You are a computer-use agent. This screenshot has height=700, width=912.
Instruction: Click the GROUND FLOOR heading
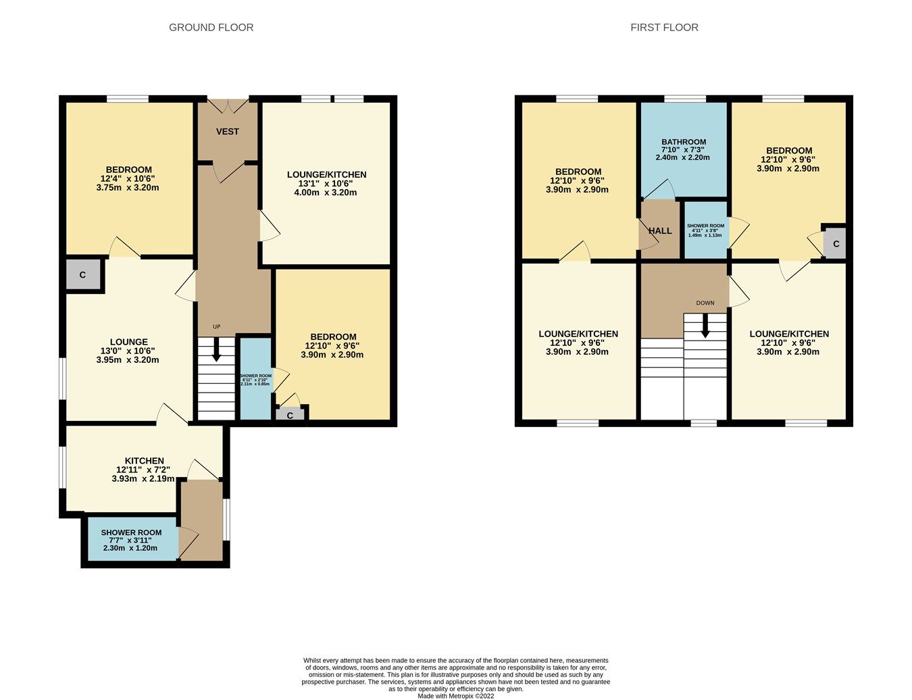coord(211,28)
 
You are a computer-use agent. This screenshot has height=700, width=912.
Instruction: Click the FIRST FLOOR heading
coord(664,28)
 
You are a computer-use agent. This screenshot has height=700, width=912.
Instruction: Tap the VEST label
coord(228,131)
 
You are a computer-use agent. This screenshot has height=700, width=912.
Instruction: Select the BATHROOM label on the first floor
coord(684,143)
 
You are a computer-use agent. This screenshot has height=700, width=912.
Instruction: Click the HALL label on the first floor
coord(660,230)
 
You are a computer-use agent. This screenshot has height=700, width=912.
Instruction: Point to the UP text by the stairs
coord(216,327)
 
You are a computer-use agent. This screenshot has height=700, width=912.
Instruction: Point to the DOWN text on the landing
coord(705,303)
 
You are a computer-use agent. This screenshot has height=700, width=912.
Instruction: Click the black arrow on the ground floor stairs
coord(217,350)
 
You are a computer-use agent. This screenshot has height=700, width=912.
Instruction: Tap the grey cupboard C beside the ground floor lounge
coord(83,275)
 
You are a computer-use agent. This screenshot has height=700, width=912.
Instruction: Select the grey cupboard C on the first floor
coord(836,244)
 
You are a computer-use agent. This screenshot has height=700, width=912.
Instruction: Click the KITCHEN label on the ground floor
coord(144,461)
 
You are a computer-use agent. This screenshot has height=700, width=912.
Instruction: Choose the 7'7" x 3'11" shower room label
coord(131,540)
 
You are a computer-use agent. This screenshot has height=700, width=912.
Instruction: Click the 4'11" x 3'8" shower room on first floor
coord(705,230)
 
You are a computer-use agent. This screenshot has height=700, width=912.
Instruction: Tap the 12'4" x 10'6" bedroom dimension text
coord(128,178)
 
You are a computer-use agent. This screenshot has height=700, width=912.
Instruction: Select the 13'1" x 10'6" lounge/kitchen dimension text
coord(326,183)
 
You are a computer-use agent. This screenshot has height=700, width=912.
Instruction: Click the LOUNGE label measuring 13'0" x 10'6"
coord(128,342)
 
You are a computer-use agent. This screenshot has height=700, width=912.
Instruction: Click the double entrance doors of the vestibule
coord(228,106)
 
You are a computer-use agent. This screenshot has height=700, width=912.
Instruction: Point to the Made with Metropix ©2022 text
coord(456,695)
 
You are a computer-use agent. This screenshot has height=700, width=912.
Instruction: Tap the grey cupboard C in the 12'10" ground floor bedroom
coord(290,416)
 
